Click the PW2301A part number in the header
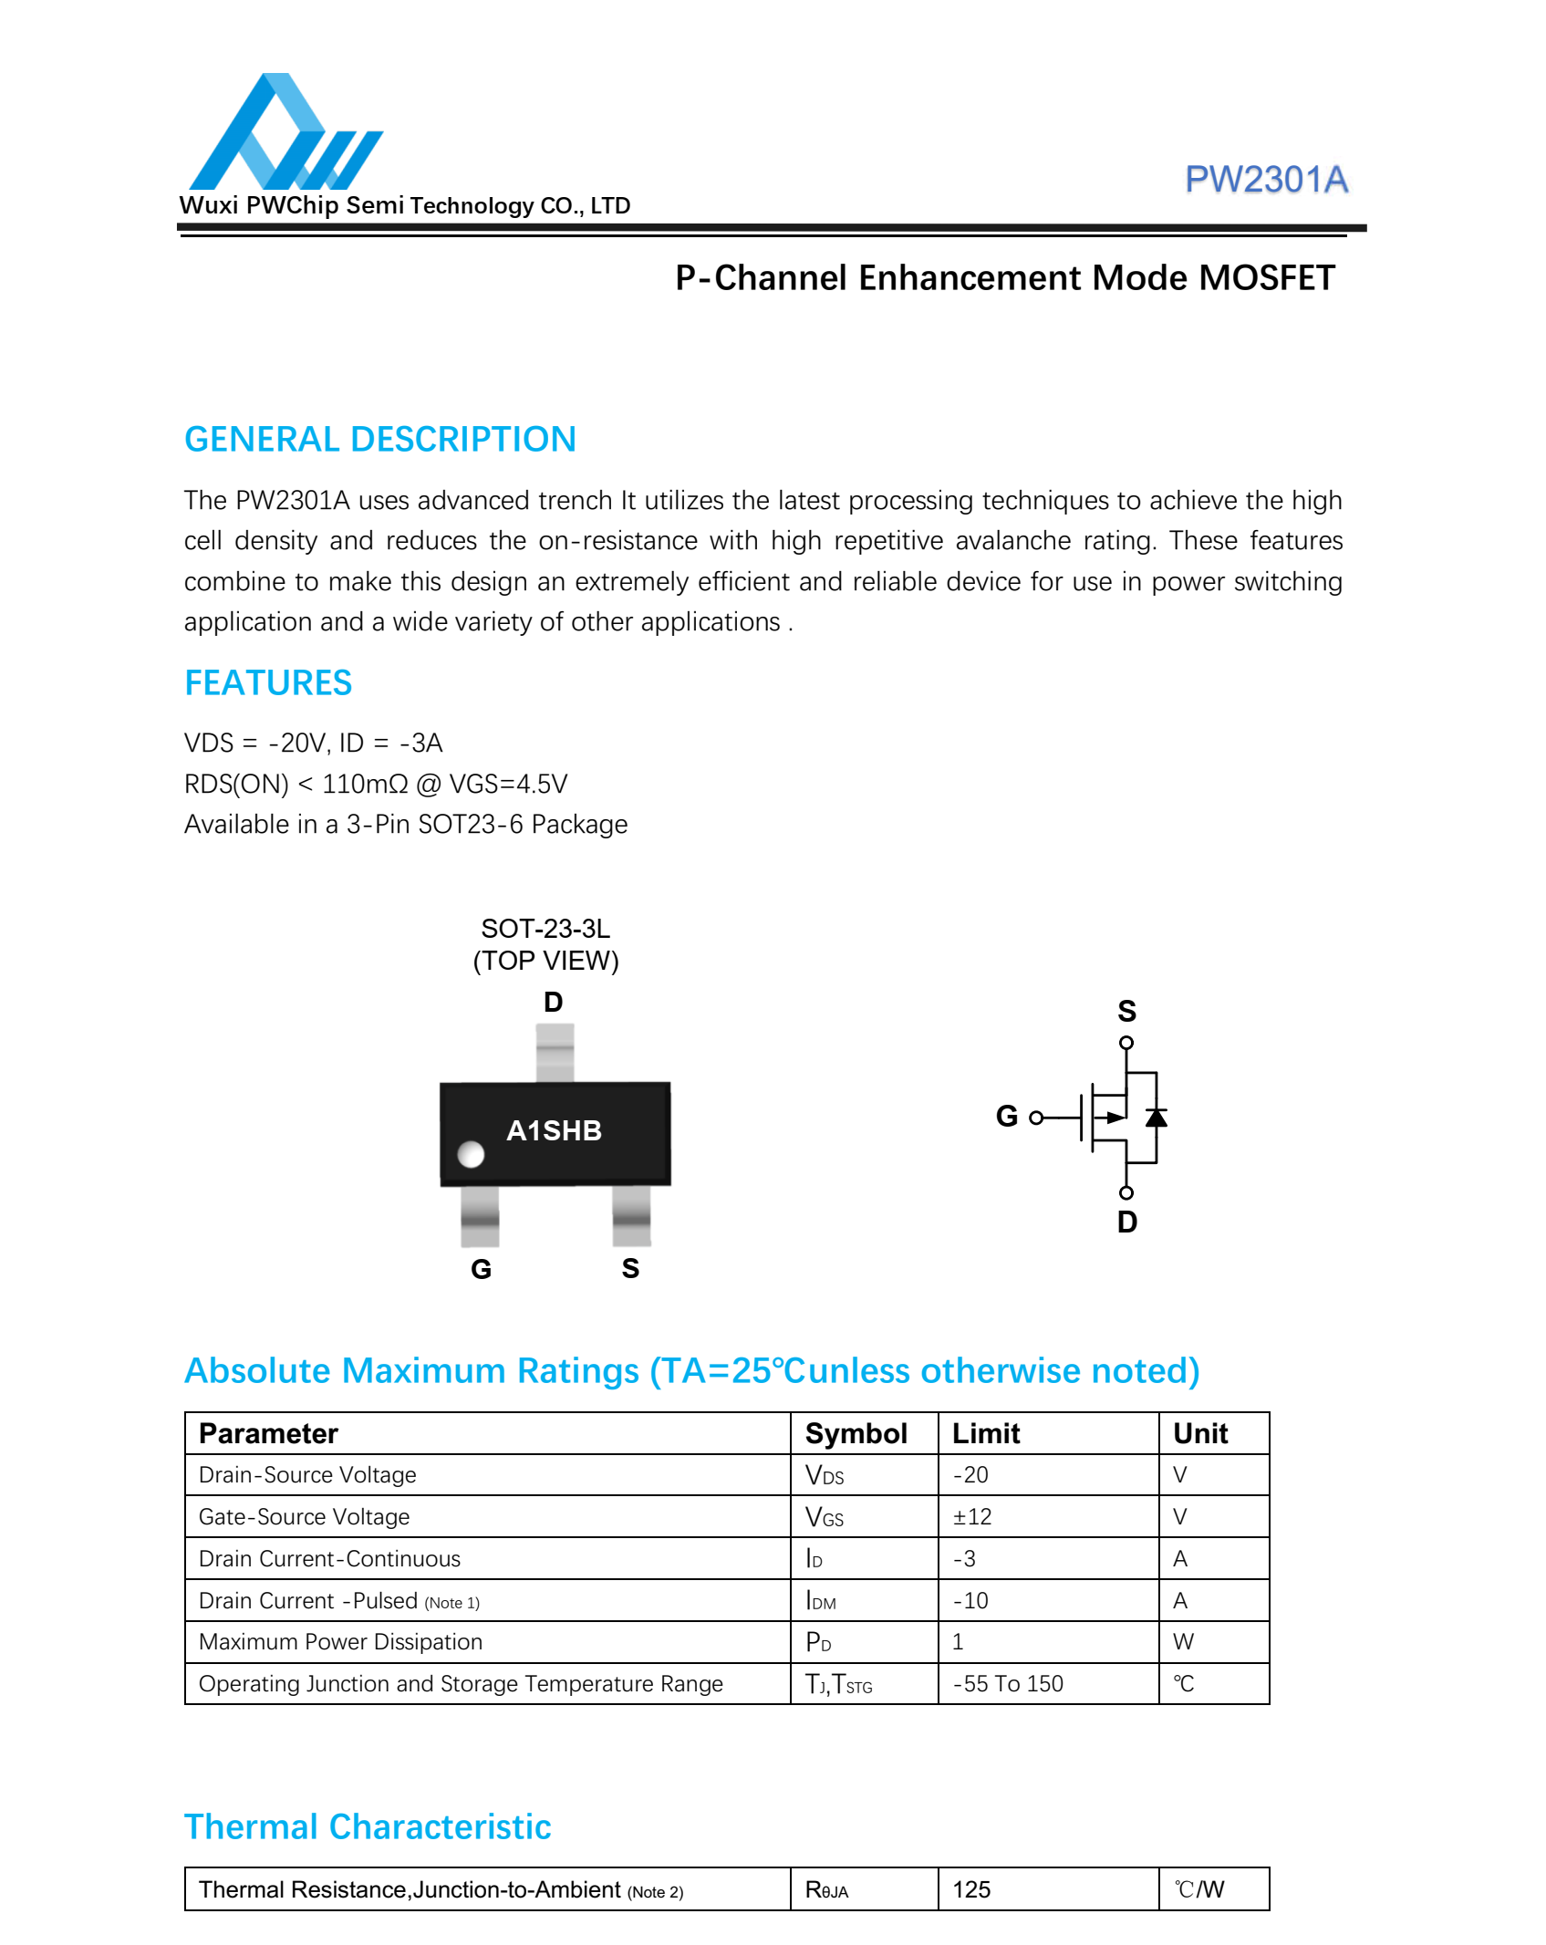click(1265, 180)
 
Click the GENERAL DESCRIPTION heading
click(379, 439)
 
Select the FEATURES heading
click(268, 682)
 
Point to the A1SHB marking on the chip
click(554, 1130)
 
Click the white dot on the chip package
click(471, 1154)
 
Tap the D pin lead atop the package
click(555, 1052)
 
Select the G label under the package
click(481, 1269)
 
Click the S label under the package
click(630, 1268)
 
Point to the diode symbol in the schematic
click(1157, 1118)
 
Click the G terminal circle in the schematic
click(1035, 1118)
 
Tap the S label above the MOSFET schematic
click(1126, 1011)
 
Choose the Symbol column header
click(856, 1433)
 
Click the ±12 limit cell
click(972, 1516)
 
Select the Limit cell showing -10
click(970, 1600)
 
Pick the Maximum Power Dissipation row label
click(340, 1641)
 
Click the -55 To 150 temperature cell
click(1008, 1683)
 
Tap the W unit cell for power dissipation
click(1183, 1641)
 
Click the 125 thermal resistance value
click(971, 1889)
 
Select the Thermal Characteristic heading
click(368, 1826)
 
